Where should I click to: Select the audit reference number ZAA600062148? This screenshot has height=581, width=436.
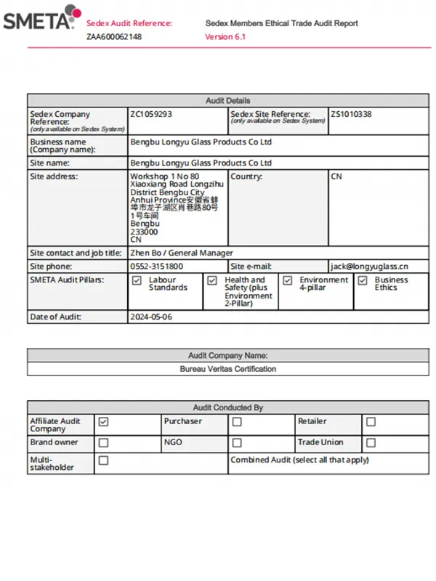[114, 36]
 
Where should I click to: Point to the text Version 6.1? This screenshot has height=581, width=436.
[225, 36]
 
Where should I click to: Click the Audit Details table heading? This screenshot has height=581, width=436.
[227, 100]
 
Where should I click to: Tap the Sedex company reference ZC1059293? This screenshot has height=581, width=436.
[151, 114]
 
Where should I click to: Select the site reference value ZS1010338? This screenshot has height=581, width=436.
[352, 114]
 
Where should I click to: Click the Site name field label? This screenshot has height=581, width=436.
[50, 163]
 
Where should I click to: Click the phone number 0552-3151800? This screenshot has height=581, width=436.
[157, 267]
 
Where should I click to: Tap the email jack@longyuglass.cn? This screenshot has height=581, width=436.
[370, 267]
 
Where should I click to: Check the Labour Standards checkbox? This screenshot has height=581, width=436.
[137, 280]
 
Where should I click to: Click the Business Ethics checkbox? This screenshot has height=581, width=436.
[363, 280]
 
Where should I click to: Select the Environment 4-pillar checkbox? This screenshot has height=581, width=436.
[287, 280]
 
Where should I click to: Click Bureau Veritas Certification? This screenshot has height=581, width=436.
[227, 369]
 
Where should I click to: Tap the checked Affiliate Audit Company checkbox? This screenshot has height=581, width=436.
[103, 421]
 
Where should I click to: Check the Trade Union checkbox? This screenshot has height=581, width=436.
[371, 442]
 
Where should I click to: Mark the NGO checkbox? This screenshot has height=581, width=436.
[237, 442]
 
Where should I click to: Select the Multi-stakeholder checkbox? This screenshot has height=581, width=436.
[103, 460]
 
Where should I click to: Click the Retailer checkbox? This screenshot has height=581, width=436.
[371, 421]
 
